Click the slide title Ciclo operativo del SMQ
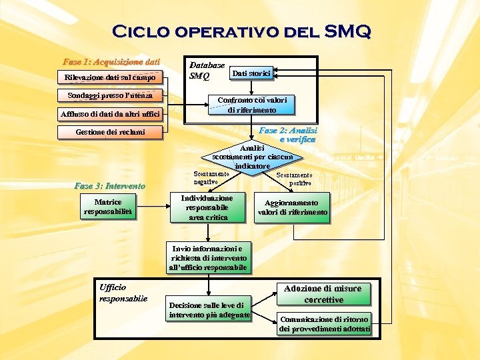(241, 31)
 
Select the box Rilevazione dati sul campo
(110, 78)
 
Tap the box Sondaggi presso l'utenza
(110, 95)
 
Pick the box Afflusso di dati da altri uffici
(110, 114)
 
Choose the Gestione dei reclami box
(110, 132)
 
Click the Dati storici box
(251, 73)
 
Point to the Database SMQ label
(207, 71)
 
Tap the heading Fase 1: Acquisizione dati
(111, 62)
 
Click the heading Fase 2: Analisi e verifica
(288, 135)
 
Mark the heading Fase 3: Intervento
(109, 185)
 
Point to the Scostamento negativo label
(211, 178)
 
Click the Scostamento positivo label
(294, 179)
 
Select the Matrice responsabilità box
(108, 207)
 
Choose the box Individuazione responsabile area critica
(207, 207)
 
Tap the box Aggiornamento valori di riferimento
(292, 207)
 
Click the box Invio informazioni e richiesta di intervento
(209, 258)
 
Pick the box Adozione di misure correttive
(323, 293)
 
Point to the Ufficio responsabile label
(123, 293)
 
